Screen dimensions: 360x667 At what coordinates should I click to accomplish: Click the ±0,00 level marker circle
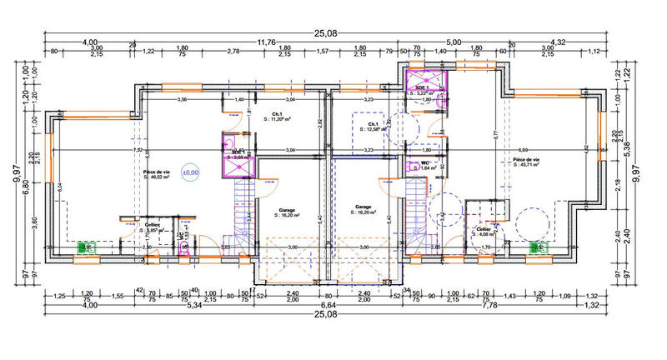coord(191,171)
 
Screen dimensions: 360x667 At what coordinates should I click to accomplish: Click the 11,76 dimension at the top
coord(266,42)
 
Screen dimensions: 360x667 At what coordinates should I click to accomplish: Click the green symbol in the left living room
coord(84,247)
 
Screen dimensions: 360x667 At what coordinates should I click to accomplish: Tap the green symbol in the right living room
coord(539,247)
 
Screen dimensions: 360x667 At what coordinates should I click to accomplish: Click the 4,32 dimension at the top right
coord(557,42)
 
